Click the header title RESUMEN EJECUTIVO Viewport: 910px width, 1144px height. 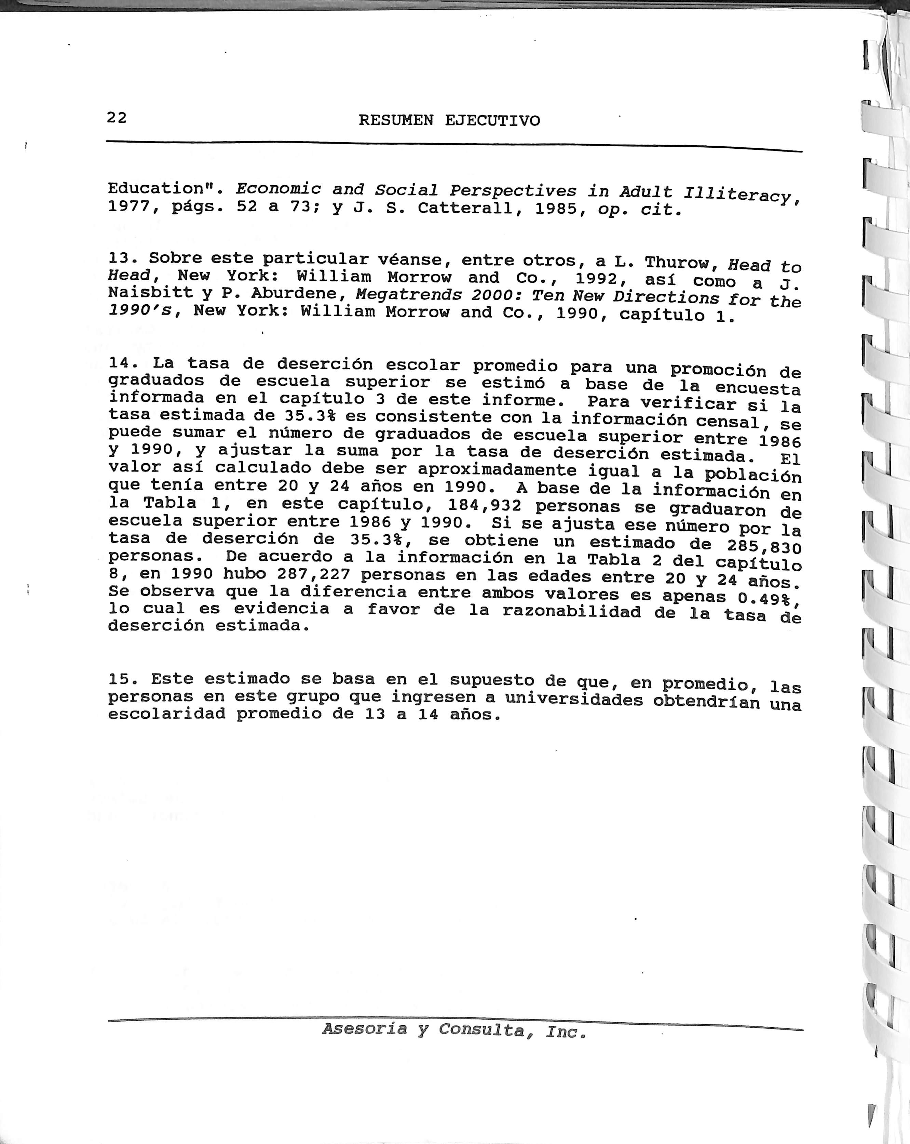point(449,120)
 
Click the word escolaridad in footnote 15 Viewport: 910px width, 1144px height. point(166,714)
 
